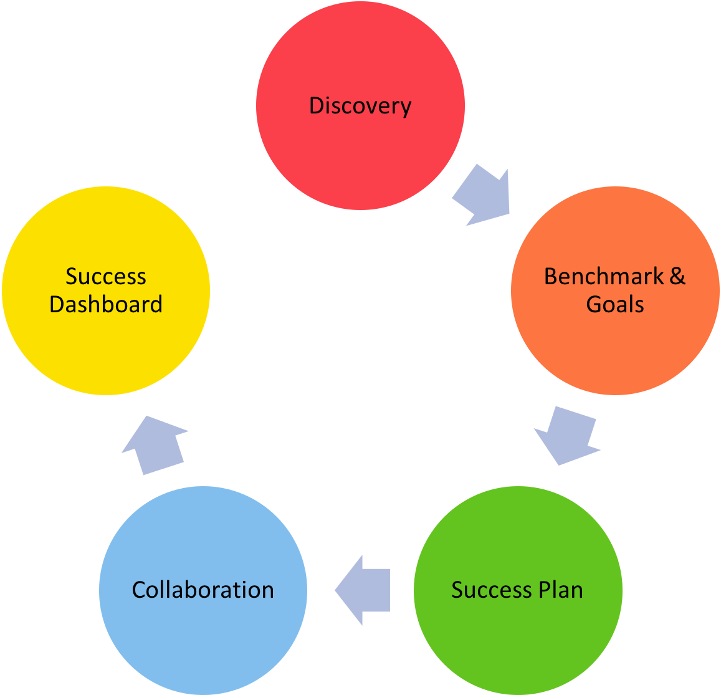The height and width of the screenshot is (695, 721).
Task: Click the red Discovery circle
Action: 360,106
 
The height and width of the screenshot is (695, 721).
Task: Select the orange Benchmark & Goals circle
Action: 615,290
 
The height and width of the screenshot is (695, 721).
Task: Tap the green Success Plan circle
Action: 518,590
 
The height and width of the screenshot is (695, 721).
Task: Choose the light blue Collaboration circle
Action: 203,590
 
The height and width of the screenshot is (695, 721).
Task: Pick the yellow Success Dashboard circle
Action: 106,290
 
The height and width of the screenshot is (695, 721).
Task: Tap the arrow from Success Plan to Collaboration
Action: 362,590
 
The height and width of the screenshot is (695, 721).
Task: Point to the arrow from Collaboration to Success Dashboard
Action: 155,445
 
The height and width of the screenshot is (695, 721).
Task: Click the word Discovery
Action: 360,106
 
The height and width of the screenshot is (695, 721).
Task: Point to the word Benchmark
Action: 604,276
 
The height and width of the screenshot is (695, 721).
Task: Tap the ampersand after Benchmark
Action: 677,276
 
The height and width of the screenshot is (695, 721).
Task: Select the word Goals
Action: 615,305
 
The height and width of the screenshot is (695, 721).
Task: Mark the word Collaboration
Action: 203,590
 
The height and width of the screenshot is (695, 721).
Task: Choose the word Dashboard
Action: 106,305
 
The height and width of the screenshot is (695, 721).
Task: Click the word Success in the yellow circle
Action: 106,276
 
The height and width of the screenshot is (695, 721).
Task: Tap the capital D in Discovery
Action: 317,105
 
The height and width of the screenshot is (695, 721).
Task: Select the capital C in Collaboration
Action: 140,590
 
